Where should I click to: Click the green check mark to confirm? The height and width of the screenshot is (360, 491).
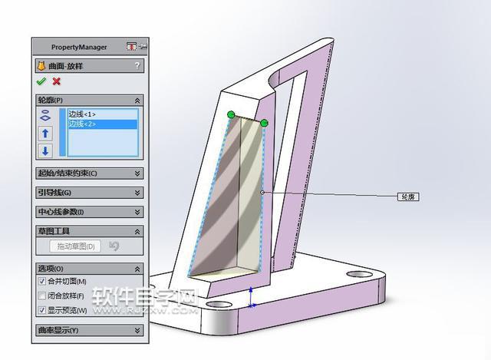41,81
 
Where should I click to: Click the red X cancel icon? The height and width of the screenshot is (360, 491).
56,81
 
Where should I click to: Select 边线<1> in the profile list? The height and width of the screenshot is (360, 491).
82,114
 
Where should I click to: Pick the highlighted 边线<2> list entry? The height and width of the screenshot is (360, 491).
82,124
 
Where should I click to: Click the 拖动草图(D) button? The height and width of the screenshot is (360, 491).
76,246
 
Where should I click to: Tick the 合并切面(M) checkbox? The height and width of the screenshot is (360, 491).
42,282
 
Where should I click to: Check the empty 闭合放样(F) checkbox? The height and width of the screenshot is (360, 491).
42,296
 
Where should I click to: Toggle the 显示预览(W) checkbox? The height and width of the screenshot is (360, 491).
42,310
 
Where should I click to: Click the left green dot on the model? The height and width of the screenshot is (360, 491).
231,115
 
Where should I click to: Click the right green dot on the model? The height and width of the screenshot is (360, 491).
265,123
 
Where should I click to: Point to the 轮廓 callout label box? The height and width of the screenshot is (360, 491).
407,197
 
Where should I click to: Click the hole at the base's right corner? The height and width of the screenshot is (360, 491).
358,273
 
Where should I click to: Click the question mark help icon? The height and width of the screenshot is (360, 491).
137,66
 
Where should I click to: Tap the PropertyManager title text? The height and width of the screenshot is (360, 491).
79,47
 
